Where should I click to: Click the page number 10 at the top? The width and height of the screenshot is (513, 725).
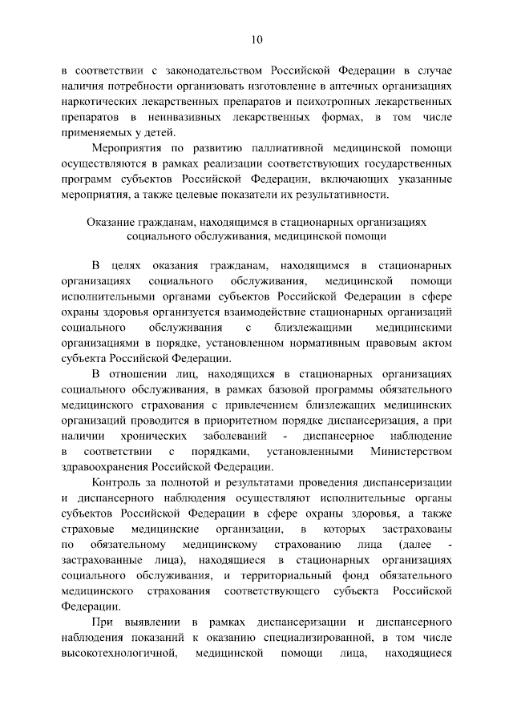tap(256, 39)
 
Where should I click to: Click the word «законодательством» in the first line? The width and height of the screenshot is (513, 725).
tap(206, 70)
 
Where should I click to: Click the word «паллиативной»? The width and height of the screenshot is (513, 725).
tap(287, 149)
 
